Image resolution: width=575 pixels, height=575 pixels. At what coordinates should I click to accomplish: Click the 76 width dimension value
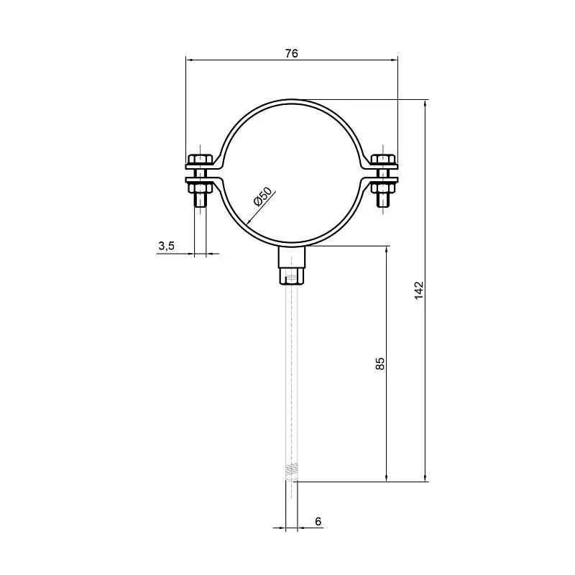(x=292, y=53)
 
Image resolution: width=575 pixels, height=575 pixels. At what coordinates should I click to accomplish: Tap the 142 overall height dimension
(x=419, y=290)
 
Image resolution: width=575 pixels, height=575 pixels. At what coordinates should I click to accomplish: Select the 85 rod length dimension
(x=380, y=364)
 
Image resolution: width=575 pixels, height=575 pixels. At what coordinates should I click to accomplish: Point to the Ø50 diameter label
(x=263, y=196)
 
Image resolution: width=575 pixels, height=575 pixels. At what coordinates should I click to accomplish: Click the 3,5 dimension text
(x=167, y=246)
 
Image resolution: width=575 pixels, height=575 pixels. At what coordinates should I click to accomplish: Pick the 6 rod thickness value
(x=318, y=521)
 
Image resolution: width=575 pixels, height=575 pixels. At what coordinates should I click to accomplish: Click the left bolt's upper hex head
(x=200, y=159)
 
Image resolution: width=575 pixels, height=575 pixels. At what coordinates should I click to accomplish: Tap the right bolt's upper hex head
(x=383, y=159)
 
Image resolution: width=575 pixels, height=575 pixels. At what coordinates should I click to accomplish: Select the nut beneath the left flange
(x=200, y=188)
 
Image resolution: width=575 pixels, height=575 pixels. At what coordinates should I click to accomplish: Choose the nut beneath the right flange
(x=383, y=188)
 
